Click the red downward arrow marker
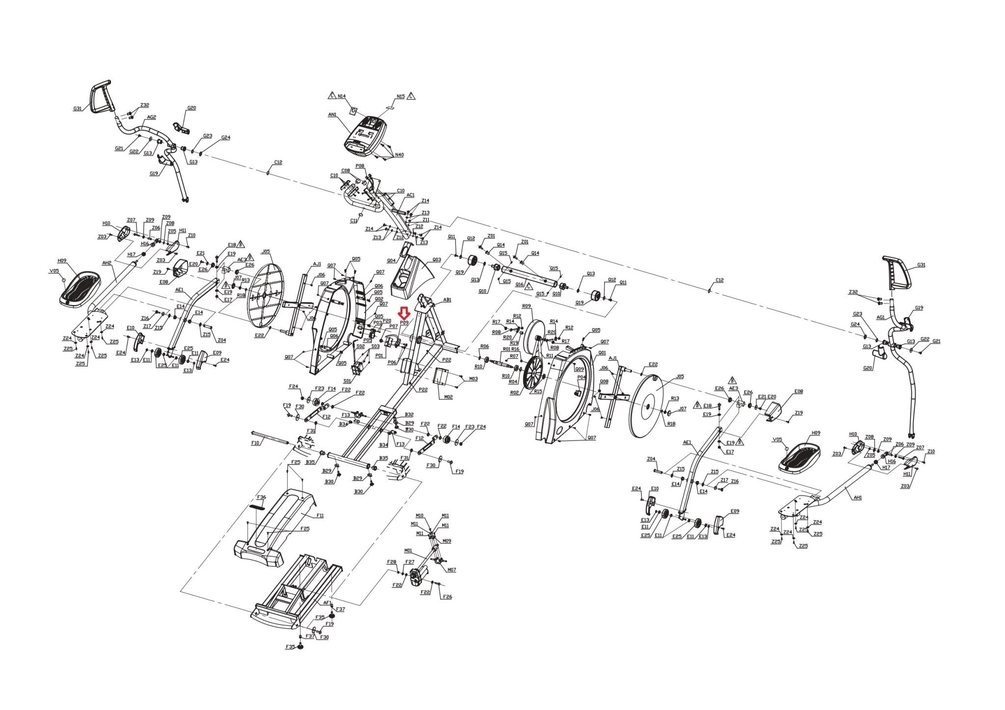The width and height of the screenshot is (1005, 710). coord(404,313)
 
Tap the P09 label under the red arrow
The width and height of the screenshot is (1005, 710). coord(404,323)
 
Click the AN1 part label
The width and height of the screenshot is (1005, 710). coord(332,114)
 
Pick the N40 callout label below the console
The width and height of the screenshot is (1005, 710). coord(399,155)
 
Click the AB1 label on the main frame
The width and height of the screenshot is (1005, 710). coord(447,300)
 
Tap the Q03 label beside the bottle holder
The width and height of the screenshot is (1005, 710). coord(436,260)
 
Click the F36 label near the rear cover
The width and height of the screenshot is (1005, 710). coord(261,497)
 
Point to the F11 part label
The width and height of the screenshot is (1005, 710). coord(320,515)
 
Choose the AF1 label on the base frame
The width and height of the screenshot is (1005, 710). coord(327,603)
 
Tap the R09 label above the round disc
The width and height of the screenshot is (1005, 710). coord(527,306)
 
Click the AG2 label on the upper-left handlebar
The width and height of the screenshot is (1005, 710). coord(152,117)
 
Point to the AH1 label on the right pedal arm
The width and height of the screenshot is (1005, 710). coord(857,497)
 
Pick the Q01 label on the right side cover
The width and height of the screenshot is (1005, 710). coord(602,352)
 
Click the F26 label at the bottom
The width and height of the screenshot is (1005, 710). coord(447,597)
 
